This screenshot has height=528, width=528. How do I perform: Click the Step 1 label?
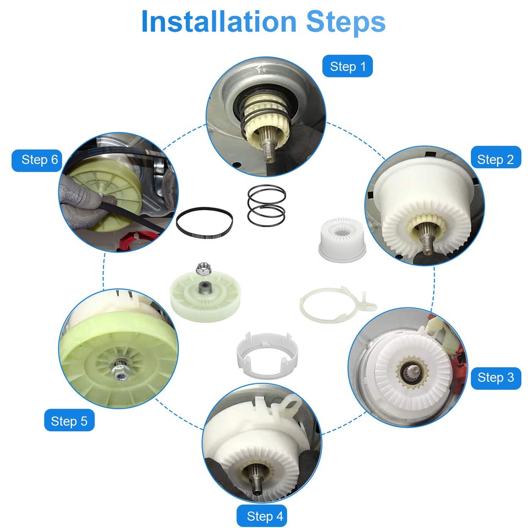click(348, 67)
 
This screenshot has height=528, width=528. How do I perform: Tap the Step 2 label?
click(496, 159)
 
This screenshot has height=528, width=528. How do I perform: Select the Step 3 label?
click(496, 377)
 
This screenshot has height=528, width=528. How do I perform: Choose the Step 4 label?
click(265, 516)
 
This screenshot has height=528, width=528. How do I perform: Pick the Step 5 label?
click(69, 421)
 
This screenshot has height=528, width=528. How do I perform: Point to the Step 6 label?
click(39, 160)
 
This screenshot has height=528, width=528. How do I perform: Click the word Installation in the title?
click(218, 21)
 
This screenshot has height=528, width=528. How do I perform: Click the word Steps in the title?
click(345, 21)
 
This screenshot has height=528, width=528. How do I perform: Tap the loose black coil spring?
click(267, 204)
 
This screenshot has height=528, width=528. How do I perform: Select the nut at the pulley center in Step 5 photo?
click(118, 372)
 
